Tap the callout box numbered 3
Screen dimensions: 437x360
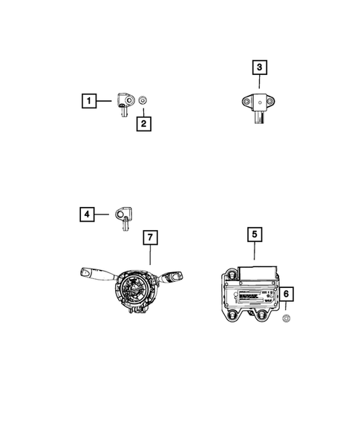[259, 69]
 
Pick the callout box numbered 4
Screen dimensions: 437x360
[88, 214]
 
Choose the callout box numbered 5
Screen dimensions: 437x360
[254, 234]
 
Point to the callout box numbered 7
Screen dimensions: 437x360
[149, 237]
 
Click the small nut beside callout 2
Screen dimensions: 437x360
[144, 100]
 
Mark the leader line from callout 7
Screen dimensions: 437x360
[149, 257]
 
